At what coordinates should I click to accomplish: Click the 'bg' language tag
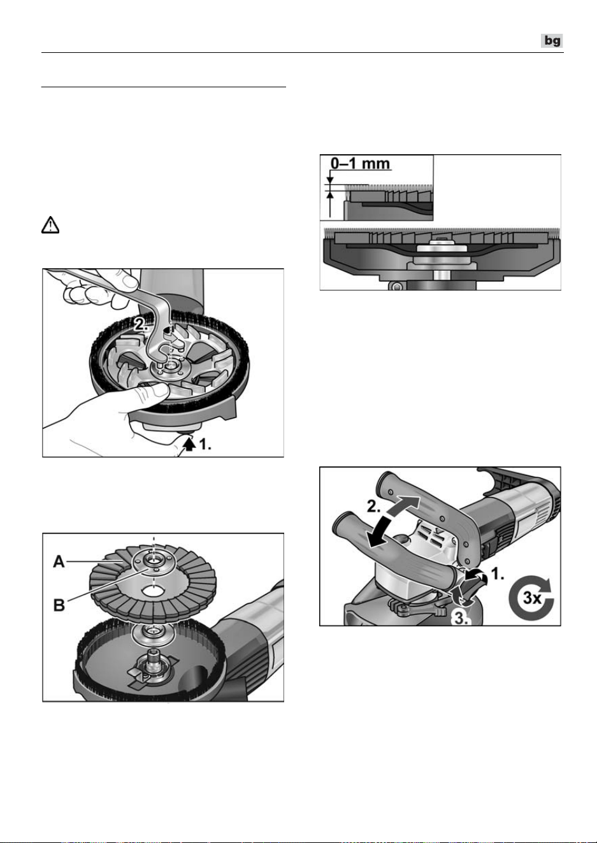pyautogui.click(x=552, y=41)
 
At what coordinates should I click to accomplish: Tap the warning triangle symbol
pyautogui.click(x=50, y=226)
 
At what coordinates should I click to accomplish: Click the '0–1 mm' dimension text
pyautogui.click(x=360, y=164)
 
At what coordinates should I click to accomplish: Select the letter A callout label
pyautogui.click(x=59, y=562)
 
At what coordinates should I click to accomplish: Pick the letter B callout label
pyautogui.click(x=59, y=605)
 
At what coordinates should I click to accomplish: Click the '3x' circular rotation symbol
pyautogui.click(x=531, y=598)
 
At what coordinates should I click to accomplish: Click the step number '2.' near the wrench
pyautogui.click(x=141, y=324)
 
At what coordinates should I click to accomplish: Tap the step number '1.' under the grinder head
pyautogui.click(x=205, y=445)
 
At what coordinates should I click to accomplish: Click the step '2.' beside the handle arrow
pyautogui.click(x=374, y=507)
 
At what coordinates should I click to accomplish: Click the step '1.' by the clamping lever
pyautogui.click(x=497, y=574)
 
